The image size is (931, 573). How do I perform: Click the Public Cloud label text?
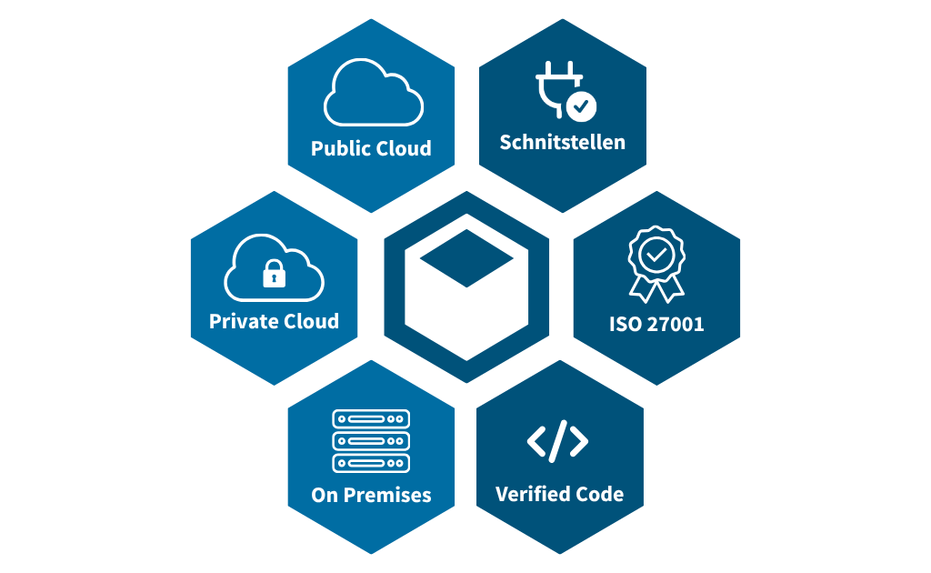[x=371, y=148]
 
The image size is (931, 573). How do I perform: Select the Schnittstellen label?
[x=562, y=143]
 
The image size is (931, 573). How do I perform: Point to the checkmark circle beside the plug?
[x=581, y=106]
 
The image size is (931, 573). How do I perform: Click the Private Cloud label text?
[x=274, y=321]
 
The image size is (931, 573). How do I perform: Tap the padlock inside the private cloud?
[x=274, y=274]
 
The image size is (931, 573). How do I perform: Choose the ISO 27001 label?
[x=656, y=324]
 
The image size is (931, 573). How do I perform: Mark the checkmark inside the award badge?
[x=656, y=256]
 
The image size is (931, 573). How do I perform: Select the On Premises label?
[x=371, y=495]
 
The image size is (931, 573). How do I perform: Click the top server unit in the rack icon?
[x=371, y=418]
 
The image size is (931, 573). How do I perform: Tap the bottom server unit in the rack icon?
[x=371, y=463]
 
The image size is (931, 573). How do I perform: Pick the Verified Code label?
[x=559, y=494]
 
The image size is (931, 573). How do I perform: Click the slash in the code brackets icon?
[x=558, y=441]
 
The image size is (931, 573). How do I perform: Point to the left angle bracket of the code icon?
[x=536, y=441]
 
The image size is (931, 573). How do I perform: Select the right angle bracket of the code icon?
[x=579, y=441]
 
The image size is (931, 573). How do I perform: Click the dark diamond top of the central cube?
[x=466, y=258]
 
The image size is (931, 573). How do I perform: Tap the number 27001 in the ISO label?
[x=676, y=324]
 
